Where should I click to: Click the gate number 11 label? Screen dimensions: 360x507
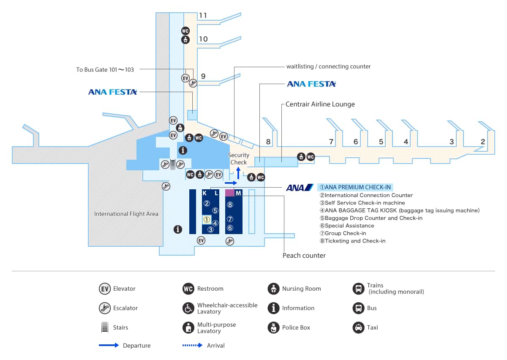click(x=203, y=16)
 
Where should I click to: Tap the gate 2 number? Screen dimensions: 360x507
click(x=482, y=142)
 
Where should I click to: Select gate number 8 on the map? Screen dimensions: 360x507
click(x=268, y=142)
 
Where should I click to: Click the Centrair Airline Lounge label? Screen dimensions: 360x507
click(x=320, y=104)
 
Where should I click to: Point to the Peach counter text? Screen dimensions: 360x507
click(x=304, y=255)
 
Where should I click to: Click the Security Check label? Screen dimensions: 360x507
click(x=238, y=159)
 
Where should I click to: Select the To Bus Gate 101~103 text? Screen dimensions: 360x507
click(x=105, y=70)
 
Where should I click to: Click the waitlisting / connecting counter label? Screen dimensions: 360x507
click(x=328, y=66)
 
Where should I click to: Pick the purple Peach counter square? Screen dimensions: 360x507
click(x=229, y=193)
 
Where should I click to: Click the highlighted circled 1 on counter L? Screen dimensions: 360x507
click(x=207, y=220)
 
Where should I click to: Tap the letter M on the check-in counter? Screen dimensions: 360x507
click(x=238, y=193)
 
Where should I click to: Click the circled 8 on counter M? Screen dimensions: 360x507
click(x=230, y=205)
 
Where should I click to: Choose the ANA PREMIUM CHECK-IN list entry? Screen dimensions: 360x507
click(x=355, y=187)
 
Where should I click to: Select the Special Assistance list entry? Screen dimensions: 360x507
click(x=346, y=226)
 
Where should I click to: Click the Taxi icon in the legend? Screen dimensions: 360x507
click(x=358, y=327)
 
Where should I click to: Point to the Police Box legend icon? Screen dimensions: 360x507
click(x=274, y=327)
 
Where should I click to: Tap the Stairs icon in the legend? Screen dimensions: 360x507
click(x=105, y=327)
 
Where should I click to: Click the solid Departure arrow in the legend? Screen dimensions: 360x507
click(x=109, y=345)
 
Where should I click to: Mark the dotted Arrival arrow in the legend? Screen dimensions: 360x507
click(x=192, y=345)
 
